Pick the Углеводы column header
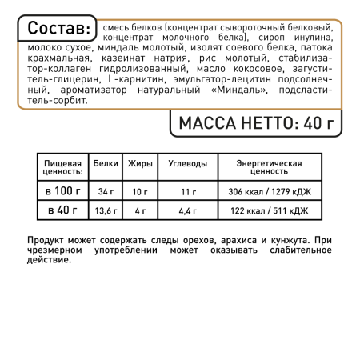coord(188,164)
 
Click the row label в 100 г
coord(61,191)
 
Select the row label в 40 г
coord(61,211)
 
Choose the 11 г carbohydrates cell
coord(188,192)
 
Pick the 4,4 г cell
coord(188,212)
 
